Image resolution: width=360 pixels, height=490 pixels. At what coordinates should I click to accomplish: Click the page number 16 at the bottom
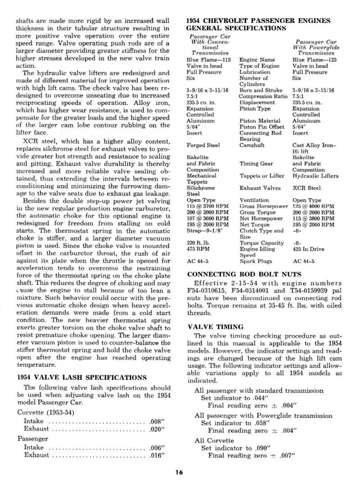click(x=179, y=472)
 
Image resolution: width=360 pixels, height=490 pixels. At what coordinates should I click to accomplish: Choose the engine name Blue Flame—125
click(x=315, y=59)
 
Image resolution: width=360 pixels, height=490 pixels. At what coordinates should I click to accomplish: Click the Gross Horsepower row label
click(x=263, y=206)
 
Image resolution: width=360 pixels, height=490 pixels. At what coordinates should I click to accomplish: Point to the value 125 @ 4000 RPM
click(x=313, y=206)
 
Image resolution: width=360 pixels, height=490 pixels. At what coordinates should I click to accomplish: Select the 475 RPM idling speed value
click(x=197, y=249)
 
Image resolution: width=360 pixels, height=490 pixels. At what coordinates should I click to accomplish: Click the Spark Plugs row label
click(x=255, y=261)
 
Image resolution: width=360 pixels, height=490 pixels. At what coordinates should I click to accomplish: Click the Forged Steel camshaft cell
click(x=203, y=145)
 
